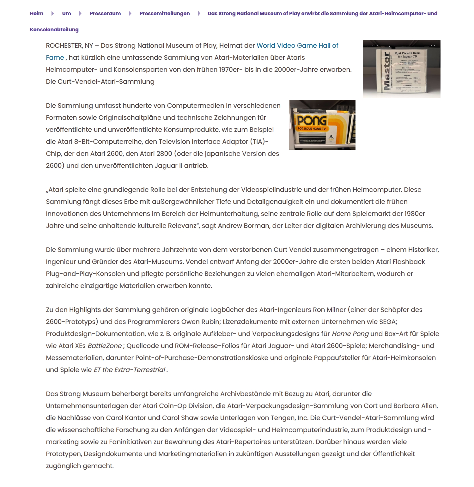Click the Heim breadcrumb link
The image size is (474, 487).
[x=37, y=13]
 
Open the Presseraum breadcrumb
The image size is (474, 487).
[x=105, y=13]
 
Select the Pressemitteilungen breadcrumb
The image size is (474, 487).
[x=165, y=13]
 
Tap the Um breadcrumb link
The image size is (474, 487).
[x=66, y=13]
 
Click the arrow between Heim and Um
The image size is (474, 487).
[x=53, y=13]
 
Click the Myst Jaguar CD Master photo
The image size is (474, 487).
[x=401, y=69]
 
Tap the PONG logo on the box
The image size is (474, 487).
[x=312, y=120]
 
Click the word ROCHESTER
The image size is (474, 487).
[x=64, y=46]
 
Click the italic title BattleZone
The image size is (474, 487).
[x=105, y=346]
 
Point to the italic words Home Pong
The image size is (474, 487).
[x=350, y=334]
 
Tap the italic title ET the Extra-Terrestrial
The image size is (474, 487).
[x=129, y=370]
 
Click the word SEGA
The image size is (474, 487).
[x=387, y=322]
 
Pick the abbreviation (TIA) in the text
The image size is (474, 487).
[x=258, y=142]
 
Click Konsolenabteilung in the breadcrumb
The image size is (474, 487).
[x=54, y=29]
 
